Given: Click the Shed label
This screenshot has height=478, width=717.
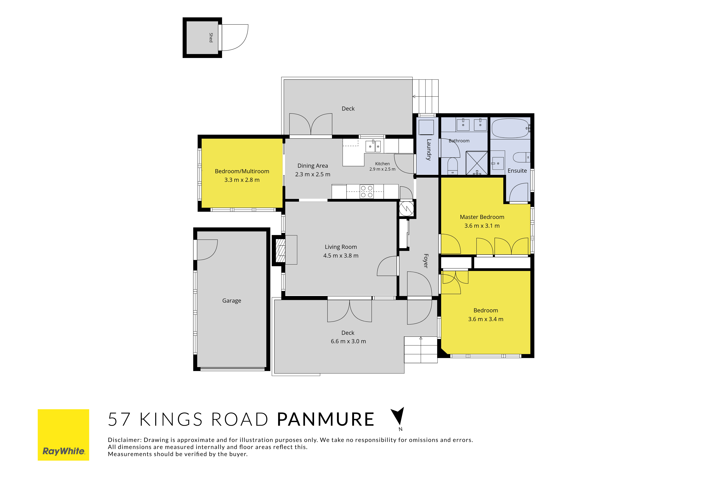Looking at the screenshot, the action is click(211, 37).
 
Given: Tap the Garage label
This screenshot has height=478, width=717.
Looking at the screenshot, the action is click(232, 301).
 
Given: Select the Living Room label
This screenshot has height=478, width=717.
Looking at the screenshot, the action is click(341, 247).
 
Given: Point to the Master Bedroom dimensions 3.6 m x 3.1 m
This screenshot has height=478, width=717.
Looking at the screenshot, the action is click(482, 226).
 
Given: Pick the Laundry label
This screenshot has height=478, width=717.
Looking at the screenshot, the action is click(429, 150).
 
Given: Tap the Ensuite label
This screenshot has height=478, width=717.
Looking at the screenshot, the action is click(517, 171).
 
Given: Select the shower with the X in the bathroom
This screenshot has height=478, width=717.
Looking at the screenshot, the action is click(477, 163).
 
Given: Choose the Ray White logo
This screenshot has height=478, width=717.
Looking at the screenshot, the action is click(63, 435).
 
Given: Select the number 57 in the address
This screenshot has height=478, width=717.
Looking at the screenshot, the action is click(119, 419).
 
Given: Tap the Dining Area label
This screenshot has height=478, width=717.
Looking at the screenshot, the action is click(313, 166).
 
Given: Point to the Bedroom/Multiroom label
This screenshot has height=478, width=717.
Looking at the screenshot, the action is click(242, 171).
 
